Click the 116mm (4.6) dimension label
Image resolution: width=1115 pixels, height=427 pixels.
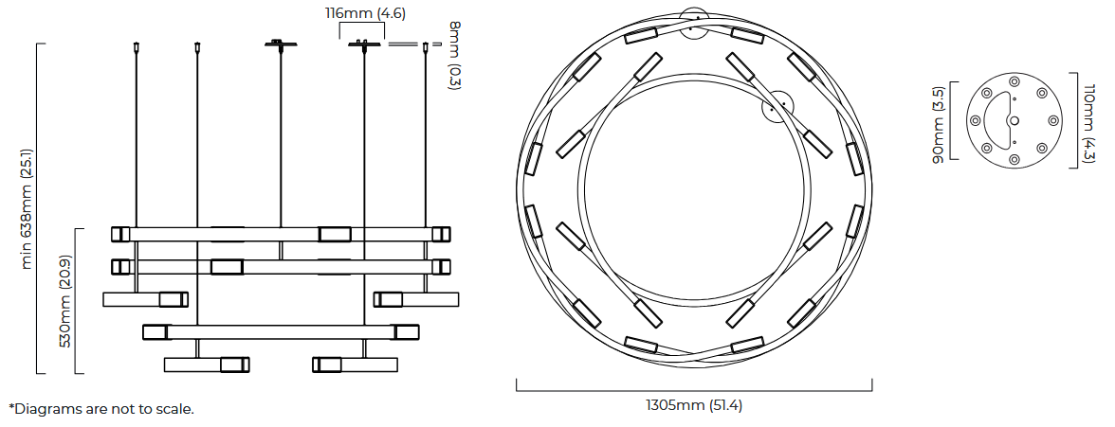(366, 12)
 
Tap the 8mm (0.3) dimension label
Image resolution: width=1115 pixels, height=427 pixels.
(454, 56)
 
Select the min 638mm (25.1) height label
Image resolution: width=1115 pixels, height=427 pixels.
(27, 209)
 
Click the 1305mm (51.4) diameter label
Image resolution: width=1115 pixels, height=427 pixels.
(693, 405)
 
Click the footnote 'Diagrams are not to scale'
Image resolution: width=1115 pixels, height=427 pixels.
(101, 409)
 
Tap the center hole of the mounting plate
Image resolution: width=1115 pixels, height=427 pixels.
(1014, 121)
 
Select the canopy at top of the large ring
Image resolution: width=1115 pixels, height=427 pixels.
(694, 23)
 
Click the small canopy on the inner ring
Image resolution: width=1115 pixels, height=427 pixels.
(777, 104)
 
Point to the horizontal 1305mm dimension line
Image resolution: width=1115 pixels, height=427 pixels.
(694, 390)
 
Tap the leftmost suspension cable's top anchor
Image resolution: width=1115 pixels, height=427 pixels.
(136, 47)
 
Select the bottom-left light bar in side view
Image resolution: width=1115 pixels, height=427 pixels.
(207, 365)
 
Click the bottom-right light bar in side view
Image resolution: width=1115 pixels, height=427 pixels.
(355, 365)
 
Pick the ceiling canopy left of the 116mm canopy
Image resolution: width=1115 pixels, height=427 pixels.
(281, 44)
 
